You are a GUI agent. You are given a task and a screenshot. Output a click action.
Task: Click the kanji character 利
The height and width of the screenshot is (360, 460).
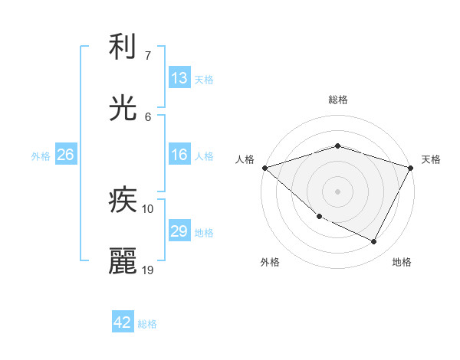click(123, 48)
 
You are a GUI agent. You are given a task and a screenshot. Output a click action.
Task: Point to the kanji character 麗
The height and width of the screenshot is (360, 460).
click(123, 260)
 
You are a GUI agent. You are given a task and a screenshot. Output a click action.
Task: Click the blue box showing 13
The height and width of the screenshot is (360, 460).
click(179, 78)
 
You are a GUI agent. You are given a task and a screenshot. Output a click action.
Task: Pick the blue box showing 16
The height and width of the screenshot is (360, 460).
click(179, 155)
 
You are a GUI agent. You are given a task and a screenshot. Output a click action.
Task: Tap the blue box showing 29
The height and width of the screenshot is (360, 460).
click(179, 231)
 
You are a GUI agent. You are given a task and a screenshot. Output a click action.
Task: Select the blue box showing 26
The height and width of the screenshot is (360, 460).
click(65, 155)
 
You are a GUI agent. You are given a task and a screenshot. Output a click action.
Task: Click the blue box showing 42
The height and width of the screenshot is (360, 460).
click(123, 322)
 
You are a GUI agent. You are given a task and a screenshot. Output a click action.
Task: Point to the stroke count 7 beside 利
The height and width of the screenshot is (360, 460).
click(148, 56)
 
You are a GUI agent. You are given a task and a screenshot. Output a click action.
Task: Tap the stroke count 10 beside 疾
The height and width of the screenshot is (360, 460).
click(148, 208)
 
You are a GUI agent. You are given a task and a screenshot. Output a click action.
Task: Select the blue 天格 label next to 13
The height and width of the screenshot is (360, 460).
click(204, 79)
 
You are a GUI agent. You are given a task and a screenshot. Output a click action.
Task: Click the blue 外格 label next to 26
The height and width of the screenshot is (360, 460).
click(41, 155)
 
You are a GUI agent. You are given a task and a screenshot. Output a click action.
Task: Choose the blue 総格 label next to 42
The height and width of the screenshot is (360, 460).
click(147, 323)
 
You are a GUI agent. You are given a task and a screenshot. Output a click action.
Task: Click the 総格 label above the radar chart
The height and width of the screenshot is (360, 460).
click(337, 100)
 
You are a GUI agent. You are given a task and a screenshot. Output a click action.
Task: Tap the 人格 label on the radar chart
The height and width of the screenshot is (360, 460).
click(245, 159)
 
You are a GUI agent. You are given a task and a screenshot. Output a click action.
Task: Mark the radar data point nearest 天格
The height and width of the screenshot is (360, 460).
click(412, 168)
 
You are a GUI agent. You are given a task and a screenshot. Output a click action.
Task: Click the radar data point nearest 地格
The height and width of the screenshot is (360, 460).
click(374, 242)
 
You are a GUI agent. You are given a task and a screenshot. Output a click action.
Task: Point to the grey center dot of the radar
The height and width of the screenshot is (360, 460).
click(337, 191)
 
